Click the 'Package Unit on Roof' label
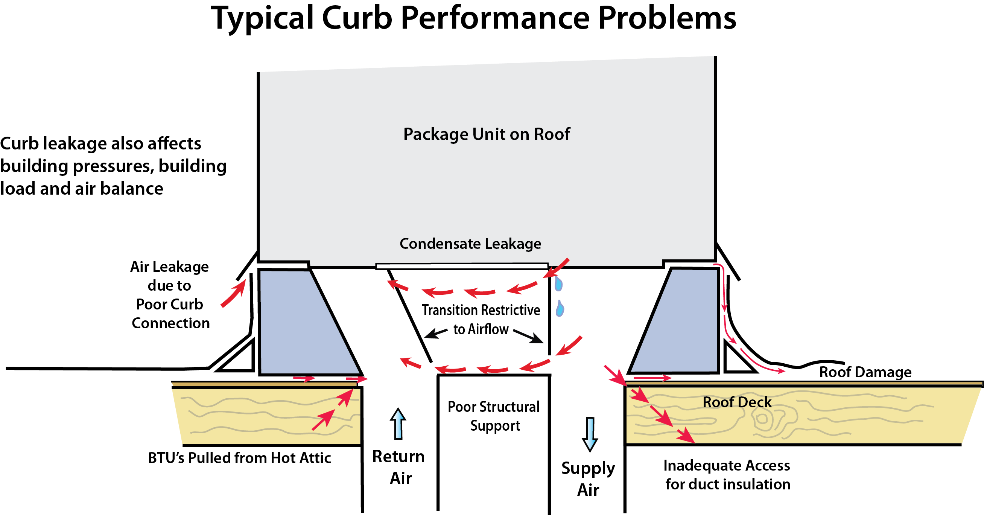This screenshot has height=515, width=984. pyautogui.click(x=486, y=134)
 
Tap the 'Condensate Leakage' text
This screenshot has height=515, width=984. pyautogui.click(x=470, y=244)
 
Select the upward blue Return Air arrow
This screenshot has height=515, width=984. pyautogui.click(x=398, y=424)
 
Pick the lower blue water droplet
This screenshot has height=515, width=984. pyautogui.click(x=560, y=309)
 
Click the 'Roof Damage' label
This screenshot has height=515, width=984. pyautogui.click(x=865, y=372)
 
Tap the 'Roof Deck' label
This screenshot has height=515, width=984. pyautogui.click(x=737, y=402)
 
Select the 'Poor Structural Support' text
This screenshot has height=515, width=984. pyautogui.click(x=494, y=416)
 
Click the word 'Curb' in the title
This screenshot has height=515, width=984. pyautogui.click(x=356, y=18)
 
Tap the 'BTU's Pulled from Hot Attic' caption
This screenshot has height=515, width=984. pyautogui.click(x=239, y=458)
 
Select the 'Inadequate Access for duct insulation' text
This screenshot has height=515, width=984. pyautogui.click(x=727, y=475)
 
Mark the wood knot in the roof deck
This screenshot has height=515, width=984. pyautogui.click(x=762, y=419)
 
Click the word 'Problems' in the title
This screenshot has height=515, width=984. pyautogui.click(x=666, y=18)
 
